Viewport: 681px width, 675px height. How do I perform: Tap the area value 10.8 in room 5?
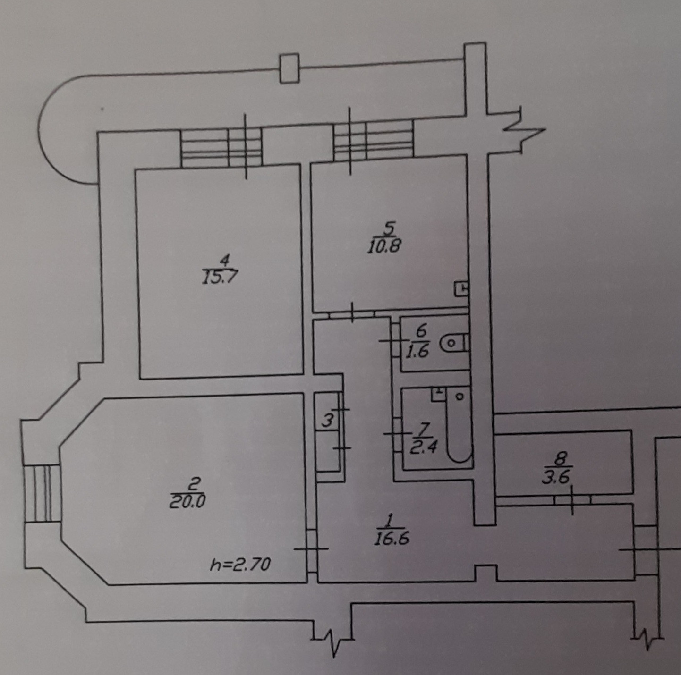384,246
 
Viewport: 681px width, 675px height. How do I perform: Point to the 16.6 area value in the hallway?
391,538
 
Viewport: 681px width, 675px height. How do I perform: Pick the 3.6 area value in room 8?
556,478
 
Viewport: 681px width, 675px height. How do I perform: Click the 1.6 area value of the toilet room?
417,352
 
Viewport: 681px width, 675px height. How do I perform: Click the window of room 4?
221,147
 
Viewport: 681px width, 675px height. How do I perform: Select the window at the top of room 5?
373,140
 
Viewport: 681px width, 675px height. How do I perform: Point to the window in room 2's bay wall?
42,493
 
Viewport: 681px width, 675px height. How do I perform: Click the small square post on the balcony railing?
289,68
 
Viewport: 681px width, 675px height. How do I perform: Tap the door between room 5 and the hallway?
352,314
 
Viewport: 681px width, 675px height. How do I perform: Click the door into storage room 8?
572,500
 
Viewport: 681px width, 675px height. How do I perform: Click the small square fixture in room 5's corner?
461,288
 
